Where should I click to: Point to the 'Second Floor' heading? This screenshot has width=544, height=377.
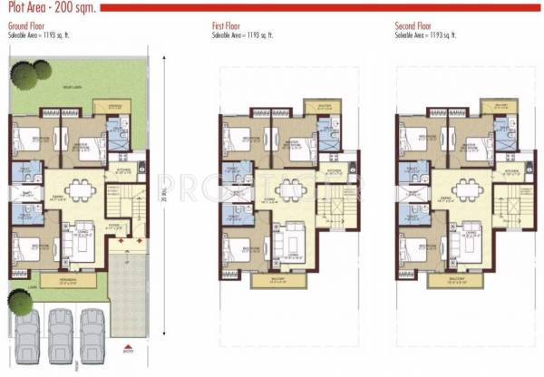412,27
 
